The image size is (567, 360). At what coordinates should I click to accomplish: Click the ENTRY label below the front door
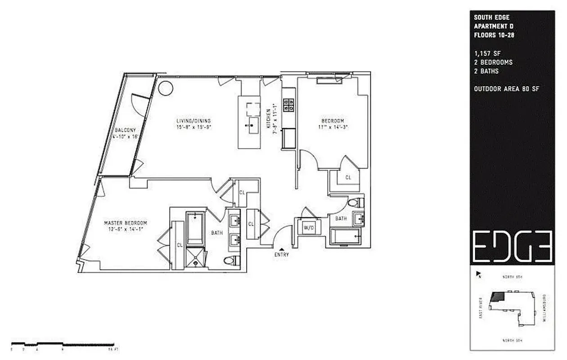point(282,255)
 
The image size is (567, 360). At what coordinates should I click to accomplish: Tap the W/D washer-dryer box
point(308,228)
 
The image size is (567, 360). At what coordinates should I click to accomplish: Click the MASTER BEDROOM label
point(126,223)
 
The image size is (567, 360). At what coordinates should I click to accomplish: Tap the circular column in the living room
point(165,88)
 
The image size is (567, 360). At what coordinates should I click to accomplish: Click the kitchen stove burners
point(288,105)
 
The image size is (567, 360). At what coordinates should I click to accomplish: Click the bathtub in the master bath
point(195,228)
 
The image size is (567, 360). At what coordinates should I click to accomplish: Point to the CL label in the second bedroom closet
point(348,178)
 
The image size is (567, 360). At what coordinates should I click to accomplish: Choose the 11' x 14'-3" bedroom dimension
point(333,127)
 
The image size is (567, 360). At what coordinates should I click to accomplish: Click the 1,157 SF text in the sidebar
point(484,53)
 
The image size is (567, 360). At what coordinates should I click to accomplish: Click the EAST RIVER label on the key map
point(481,308)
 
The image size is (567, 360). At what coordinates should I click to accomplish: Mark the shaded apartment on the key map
point(497,296)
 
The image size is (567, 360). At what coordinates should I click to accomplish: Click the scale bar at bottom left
point(63,344)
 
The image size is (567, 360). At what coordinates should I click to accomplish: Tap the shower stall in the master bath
point(195,257)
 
